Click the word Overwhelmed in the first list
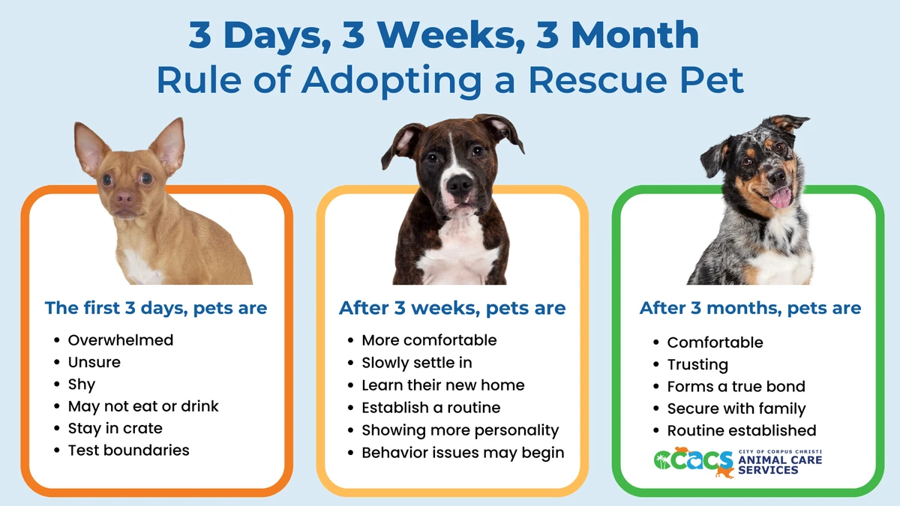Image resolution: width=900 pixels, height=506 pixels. [x=120, y=340]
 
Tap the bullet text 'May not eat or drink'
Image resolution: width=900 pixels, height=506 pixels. [x=143, y=406]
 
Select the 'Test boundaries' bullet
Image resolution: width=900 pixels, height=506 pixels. [x=128, y=451]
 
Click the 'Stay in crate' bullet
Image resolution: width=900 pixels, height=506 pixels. [x=115, y=429]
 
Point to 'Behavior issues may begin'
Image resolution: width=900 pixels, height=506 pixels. [x=463, y=453]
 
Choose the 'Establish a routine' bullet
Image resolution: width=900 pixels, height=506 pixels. [x=430, y=409]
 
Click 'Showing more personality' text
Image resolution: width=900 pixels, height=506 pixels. [x=460, y=430]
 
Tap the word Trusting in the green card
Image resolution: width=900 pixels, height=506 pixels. [x=697, y=365]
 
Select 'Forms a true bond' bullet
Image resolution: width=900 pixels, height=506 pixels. [x=736, y=387]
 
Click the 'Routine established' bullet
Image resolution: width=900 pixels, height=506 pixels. [x=741, y=431]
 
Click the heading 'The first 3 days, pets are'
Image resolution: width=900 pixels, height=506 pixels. [x=156, y=308]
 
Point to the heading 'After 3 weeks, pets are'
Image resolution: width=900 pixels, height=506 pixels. [x=452, y=308]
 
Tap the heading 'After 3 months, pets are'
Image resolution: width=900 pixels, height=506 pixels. [x=750, y=308]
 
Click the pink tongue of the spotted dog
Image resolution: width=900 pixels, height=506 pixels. [x=780, y=197]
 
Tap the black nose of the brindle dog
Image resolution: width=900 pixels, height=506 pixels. [x=458, y=182]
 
